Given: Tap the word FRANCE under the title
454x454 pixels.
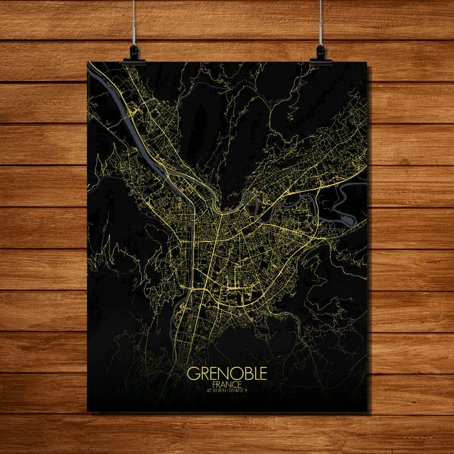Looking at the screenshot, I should pos(227,384).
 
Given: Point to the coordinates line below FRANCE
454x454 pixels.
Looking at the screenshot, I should pos(227,390).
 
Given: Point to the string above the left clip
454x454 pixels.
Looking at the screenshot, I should pos(134,23).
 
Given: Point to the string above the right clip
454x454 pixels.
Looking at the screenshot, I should pos(321,23).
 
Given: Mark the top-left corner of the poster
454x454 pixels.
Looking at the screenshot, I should pos(88,62).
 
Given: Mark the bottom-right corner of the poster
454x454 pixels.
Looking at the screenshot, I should pos(366,411).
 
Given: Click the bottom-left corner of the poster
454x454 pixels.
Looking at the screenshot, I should pos(88,411).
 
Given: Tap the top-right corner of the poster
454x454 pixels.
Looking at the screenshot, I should pos(366,62).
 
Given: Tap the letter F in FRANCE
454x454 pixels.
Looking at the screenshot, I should pos(214,384).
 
